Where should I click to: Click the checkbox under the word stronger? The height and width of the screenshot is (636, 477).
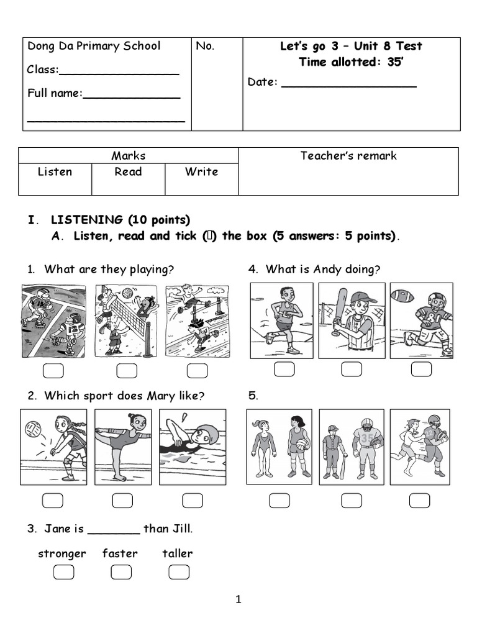pos(63,572)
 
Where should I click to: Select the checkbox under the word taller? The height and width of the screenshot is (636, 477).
pos(178,572)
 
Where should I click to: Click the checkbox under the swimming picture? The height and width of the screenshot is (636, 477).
pos(193,500)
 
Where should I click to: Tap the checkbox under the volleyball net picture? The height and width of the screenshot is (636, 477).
pos(127,371)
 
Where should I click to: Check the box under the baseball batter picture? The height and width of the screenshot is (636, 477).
pos(352,370)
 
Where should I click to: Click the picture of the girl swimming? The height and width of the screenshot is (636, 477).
pos(191,446)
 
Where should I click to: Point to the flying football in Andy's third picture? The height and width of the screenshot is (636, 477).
pos(402,296)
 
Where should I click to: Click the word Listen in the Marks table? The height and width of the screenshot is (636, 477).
pos(55,172)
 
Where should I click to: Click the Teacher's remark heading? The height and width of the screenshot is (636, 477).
pos(348,156)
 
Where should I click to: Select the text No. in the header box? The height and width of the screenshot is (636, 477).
pos(205,46)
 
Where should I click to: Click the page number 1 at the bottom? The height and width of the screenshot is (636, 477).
pos(238,599)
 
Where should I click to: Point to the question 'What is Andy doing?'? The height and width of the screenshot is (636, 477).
pos(322,269)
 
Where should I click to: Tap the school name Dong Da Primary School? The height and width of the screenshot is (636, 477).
pos(94,46)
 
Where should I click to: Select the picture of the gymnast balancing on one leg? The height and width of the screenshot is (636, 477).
pos(122,446)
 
